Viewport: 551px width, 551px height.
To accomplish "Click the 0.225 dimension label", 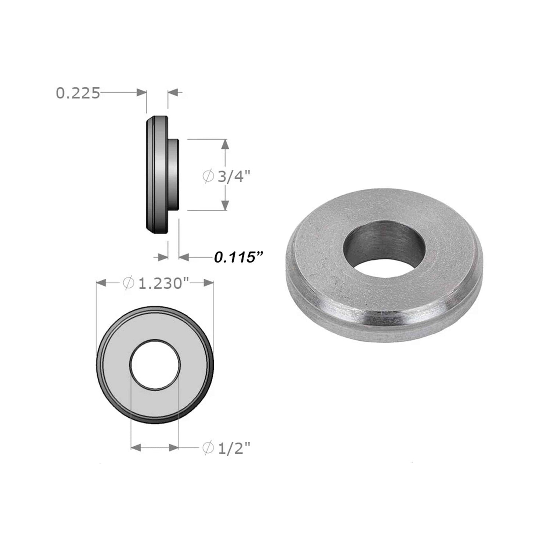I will (x=78, y=93).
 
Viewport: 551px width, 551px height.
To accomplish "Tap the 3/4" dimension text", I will (x=234, y=177).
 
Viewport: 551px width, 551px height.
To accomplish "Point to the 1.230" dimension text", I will (x=161, y=283).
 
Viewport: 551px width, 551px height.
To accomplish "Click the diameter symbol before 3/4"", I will (x=208, y=177).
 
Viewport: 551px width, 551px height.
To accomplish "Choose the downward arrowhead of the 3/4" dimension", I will (x=226, y=205).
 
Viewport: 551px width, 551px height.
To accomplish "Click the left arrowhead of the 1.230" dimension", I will (x=101, y=283).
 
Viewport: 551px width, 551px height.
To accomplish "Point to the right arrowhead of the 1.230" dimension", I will (x=208, y=283).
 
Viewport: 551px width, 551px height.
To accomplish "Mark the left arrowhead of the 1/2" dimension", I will (x=137, y=447).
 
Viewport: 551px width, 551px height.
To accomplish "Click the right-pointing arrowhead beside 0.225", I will (x=141, y=93).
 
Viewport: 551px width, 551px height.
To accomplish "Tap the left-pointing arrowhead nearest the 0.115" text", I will (x=184, y=257).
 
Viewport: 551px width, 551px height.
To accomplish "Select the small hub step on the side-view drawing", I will (x=174, y=175).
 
